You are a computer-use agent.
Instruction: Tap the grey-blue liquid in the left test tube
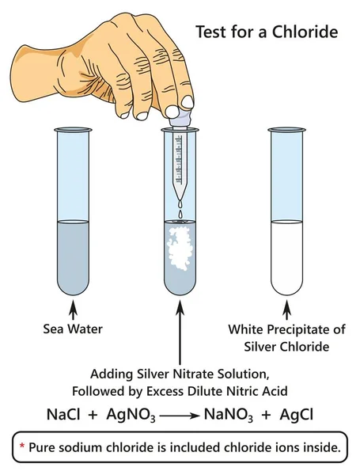pos(75,253)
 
